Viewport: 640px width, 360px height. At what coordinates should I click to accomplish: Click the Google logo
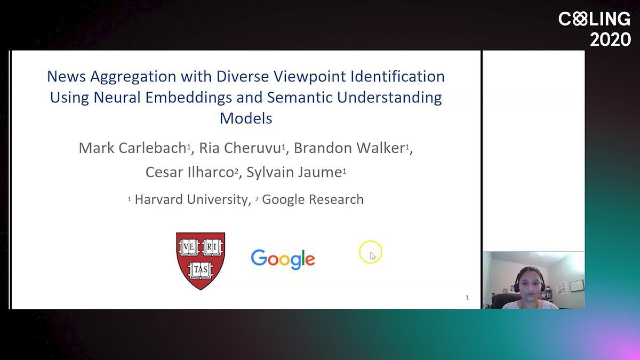[x=283, y=259]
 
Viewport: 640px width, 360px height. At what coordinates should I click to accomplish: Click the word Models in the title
[x=246, y=118]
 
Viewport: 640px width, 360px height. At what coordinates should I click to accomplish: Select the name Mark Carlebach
[x=133, y=148]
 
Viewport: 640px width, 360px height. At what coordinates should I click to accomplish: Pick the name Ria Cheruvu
[x=240, y=148]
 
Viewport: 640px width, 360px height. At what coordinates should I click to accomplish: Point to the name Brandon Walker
[x=349, y=148]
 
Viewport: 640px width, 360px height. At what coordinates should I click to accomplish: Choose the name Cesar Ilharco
[x=190, y=172]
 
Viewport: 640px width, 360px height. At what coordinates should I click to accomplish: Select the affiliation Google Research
[x=313, y=199]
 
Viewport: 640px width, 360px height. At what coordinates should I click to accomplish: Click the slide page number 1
[x=467, y=298]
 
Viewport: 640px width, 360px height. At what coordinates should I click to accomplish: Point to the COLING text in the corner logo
[x=594, y=19]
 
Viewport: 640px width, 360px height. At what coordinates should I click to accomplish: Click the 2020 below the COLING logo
[x=610, y=39]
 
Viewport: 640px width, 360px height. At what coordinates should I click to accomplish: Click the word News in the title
[x=66, y=77]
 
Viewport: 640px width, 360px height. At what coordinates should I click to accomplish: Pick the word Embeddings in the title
[x=189, y=98]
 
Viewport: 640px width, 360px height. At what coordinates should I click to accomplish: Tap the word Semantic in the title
[x=299, y=98]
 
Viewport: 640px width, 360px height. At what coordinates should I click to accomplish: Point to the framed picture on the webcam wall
[x=577, y=285]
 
